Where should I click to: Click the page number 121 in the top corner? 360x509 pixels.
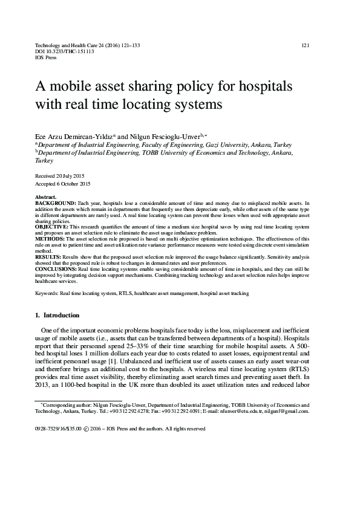pyautogui.click(x=306, y=45)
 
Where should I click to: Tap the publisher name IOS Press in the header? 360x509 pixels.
pyautogui.click(x=46, y=59)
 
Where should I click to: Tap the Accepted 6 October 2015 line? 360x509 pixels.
pyautogui.click(x=64, y=183)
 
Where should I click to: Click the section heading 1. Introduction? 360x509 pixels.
pyautogui.click(x=57, y=315)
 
